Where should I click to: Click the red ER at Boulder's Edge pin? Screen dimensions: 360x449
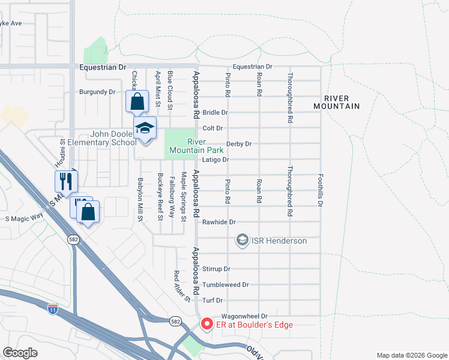(x=207, y=325)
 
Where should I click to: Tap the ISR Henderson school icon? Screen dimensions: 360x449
(x=242, y=241)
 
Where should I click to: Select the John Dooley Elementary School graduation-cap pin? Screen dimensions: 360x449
(x=145, y=129)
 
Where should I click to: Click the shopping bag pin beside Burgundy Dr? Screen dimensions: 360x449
(x=137, y=102)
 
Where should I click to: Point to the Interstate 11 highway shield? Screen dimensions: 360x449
(x=53, y=310)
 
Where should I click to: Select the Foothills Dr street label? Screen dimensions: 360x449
(x=320, y=191)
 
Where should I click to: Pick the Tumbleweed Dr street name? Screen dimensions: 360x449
(x=225, y=285)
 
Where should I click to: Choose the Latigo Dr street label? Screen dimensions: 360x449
(x=217, y=160)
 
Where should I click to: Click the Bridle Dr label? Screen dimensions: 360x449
(x=215, y=113)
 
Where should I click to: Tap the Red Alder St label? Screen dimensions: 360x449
(x=178, y=285)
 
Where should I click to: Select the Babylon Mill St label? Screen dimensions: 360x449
(x=140, y=199)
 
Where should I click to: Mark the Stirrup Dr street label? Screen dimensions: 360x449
(x=217, y=269)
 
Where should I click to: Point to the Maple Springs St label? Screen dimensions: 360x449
(x=184, y=197)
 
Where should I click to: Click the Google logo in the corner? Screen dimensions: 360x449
(x=20, y=353)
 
